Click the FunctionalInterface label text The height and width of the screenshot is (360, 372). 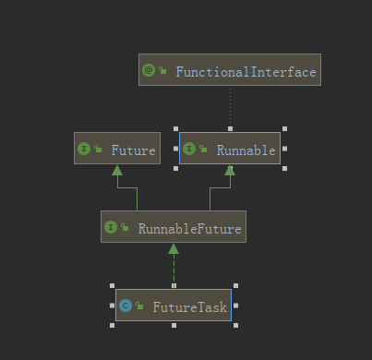tap(246, 72)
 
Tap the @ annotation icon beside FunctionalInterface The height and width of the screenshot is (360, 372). tap(149, 70)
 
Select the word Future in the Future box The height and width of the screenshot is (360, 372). tap(133, 150)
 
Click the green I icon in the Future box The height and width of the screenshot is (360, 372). tap(84, 149)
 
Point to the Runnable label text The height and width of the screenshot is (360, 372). tap(246, 150)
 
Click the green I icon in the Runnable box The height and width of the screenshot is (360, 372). tap(189, 149)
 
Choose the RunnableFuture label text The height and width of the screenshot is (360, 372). tap(189, 229)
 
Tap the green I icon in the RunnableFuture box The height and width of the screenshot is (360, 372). tap(111, 227)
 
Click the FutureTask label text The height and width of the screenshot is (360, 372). tap(189, 307)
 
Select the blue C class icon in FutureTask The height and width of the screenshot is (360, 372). tap(126, 306)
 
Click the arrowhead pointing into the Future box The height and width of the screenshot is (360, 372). tap(117, 170)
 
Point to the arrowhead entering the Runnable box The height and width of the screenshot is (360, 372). tap(230, 170)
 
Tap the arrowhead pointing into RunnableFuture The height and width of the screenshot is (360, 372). tap(174, 248)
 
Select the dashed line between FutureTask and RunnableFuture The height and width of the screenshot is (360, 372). tap(174, 269)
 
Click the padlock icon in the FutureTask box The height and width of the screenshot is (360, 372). tap(139, 306)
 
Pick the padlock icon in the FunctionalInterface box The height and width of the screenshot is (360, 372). tap(162, 70)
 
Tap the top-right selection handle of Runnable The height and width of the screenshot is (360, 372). tap(284, 128)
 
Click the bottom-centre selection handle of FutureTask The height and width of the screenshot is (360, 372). tap(174, 325)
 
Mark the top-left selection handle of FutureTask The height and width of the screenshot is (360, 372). tap(112, 286)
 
